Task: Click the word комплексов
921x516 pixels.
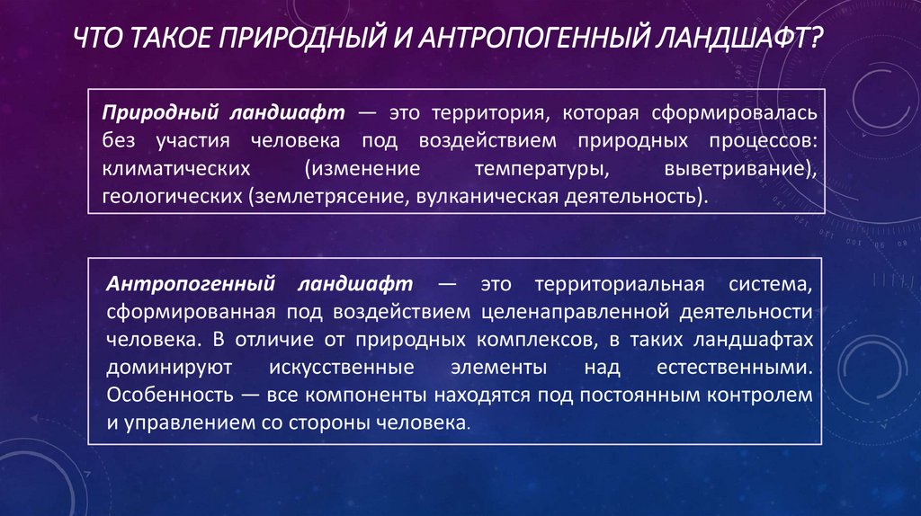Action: point(531,340)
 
